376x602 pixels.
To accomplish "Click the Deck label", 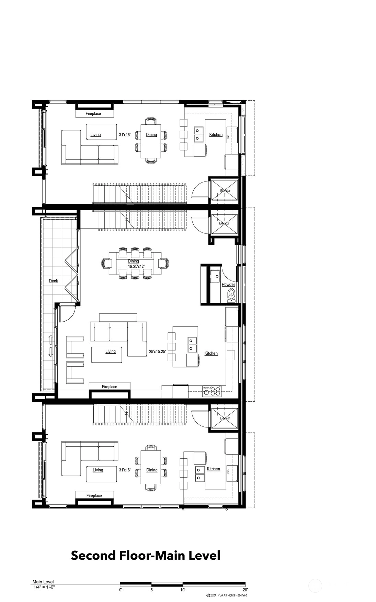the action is (53, 281).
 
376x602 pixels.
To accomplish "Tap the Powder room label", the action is (228, 285).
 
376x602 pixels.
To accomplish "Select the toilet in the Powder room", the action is (231, 294).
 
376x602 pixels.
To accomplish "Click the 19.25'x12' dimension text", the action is (136, 266).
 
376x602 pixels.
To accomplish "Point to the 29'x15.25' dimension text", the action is (157, 352).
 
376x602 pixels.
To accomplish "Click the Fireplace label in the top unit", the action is (93, 113).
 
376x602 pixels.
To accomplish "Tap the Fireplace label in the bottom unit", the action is (94, 495).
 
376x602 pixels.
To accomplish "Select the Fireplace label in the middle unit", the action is (110, 387).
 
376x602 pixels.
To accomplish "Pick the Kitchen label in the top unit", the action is (216, 135).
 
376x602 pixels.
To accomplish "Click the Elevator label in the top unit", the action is (225, 191).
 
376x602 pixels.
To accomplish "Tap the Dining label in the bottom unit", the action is (152, 470).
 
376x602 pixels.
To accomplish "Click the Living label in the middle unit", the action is (111, 351).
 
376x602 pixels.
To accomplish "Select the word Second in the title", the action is (93, 555).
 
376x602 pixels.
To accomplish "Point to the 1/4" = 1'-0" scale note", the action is (44, 587).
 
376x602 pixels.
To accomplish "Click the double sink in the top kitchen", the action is (198, 134).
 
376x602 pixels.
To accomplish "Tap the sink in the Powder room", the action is (216, 276).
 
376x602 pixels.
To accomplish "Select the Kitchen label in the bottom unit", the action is (214, 469).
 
